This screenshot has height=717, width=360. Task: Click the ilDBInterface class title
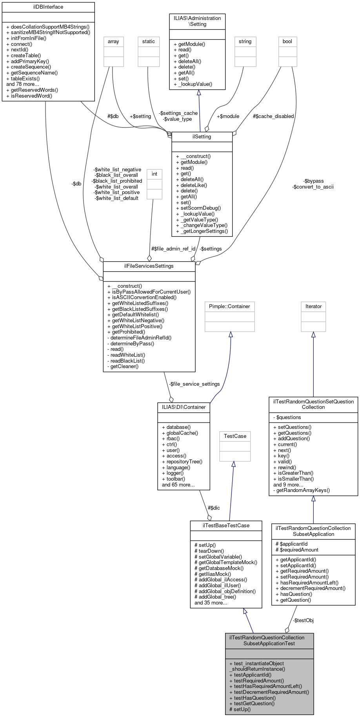pyautogui.click(x=48, y=7)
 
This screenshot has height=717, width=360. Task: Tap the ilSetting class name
pyautogui.click(x=202, y=137)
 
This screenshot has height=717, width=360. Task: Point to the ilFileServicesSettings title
pyautogui.click(x=149, y=266)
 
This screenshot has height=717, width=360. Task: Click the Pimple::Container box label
pyautogui.click(x=229, y=306)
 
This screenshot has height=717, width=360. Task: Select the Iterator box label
pyautogui.click(x=313, y=306)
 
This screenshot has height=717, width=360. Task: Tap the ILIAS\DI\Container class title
pyautogui.click(x=184, y=407)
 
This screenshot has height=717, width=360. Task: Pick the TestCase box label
pyautogui.click(x=235, y=436)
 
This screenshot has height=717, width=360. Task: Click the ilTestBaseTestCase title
pyautogui.click(x=226, y=525)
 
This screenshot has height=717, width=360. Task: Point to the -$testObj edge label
pyautogui.click(x=303, y=620)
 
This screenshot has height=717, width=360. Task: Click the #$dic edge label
pyautogui.click(x=214, y=508)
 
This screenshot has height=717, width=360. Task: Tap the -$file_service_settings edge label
pyautogui.click(x=195, y=384)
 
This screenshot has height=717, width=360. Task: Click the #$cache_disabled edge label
pyautogui.click(x=273, y=116)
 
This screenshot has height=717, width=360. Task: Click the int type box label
pyautogui.click(x=155, y=174)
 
